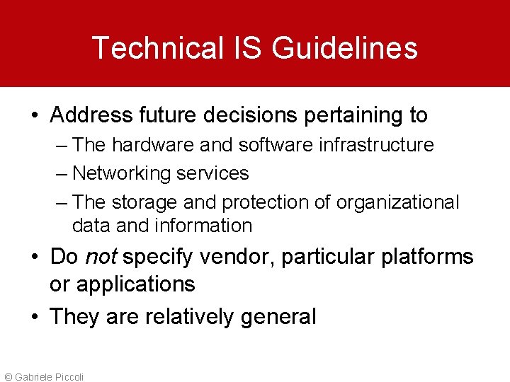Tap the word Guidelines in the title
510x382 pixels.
[344, 48]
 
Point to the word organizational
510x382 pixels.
[397, 202]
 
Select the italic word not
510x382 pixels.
[101, 256]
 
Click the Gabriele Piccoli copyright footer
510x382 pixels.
[43, 376]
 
